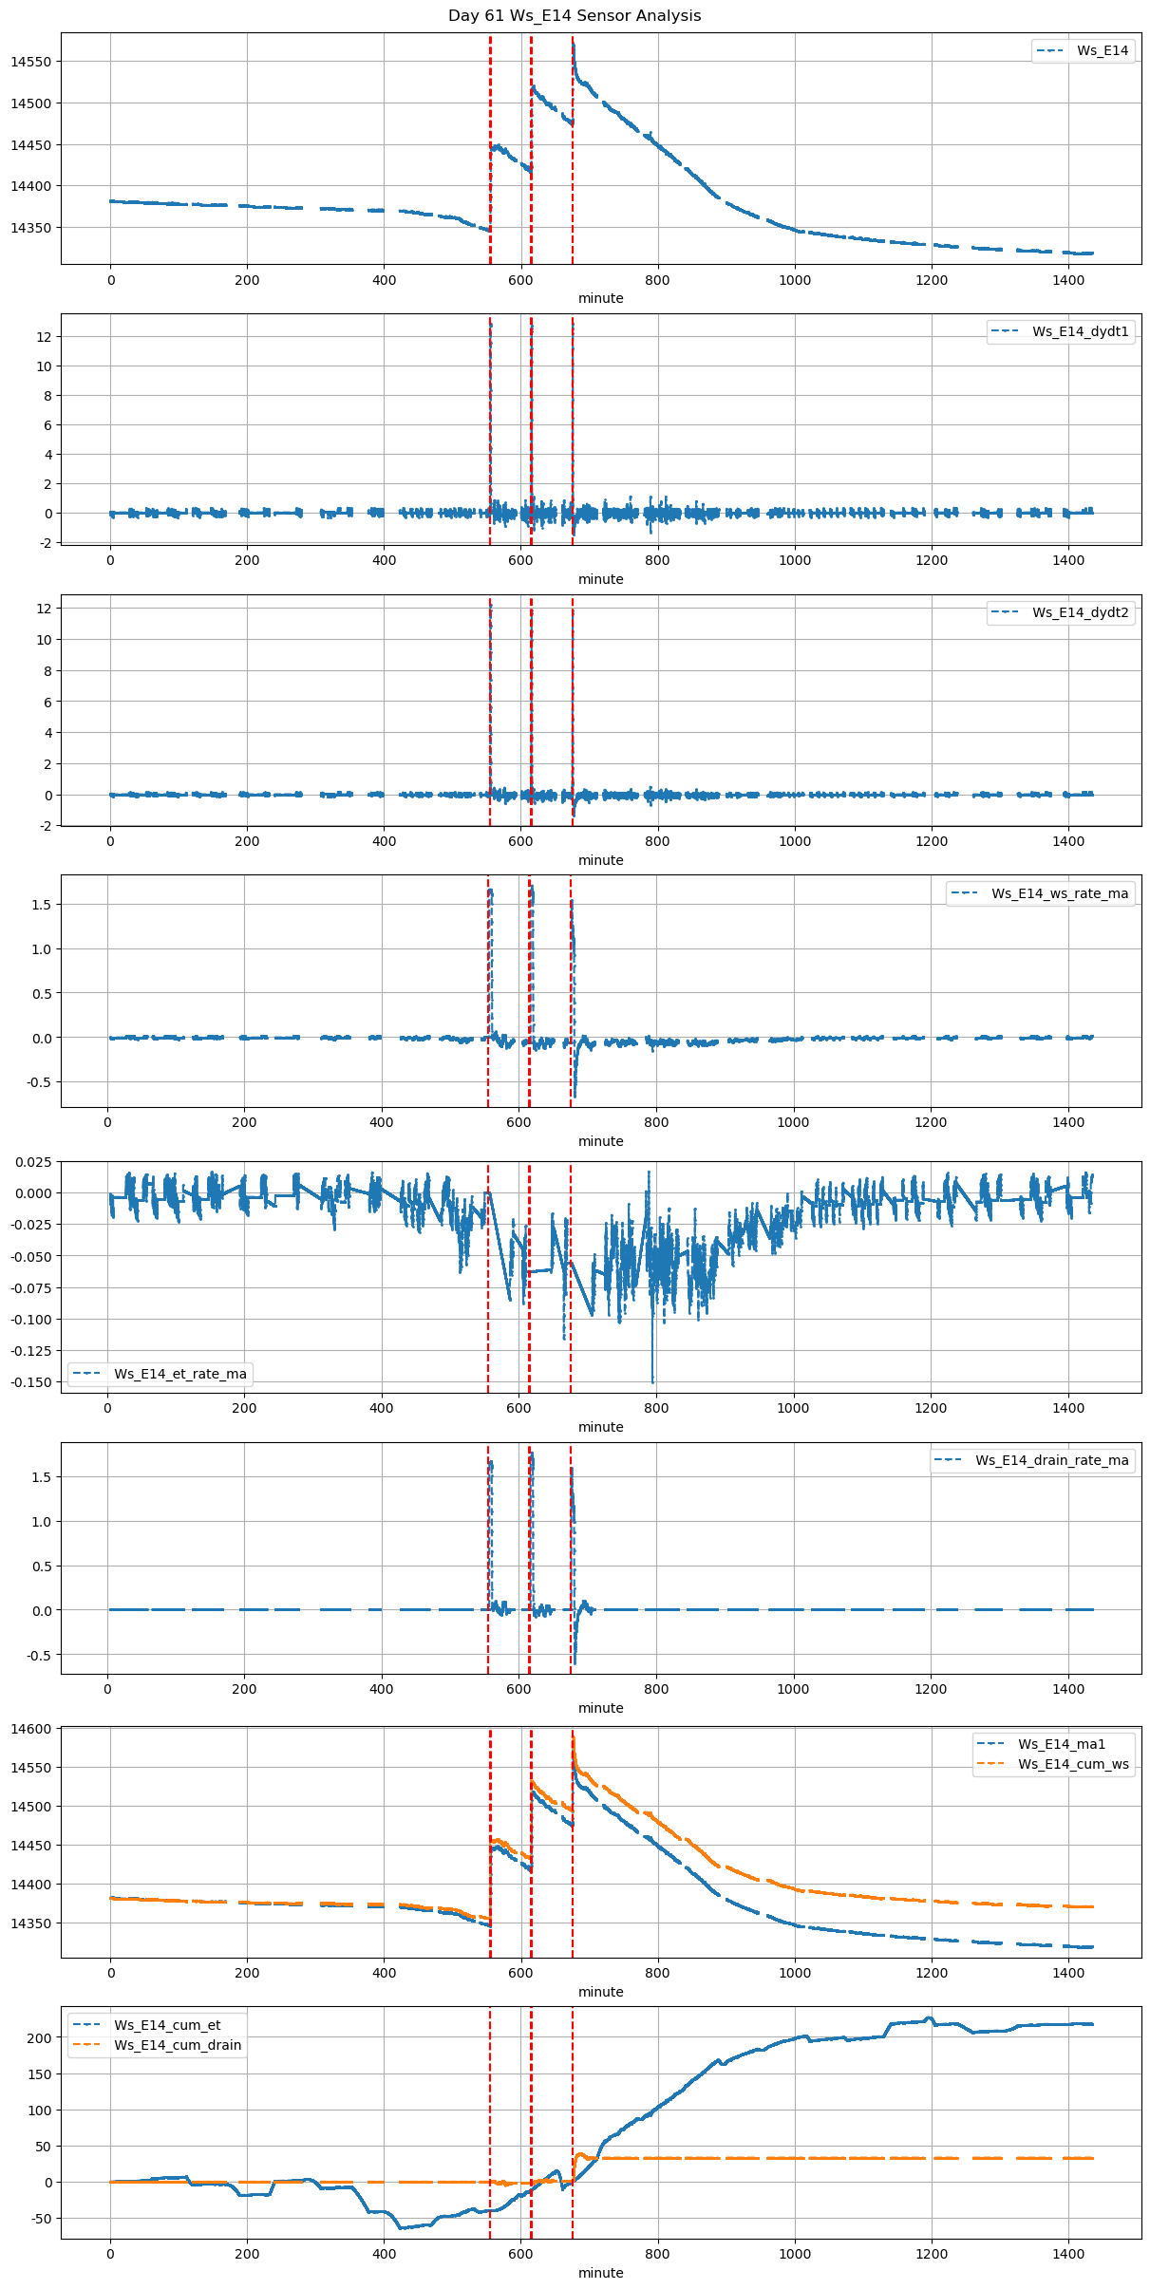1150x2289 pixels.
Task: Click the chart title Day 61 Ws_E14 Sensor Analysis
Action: pos(575,15)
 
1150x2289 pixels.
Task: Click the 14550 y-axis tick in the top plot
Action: pos(31,62)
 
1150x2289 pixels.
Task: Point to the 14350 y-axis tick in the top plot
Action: pos(31,228)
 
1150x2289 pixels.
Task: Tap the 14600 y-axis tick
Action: pos(31,1729)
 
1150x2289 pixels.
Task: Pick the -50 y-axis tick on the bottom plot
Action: pos(39,2219)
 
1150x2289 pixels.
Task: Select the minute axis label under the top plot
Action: pos(601,298)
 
